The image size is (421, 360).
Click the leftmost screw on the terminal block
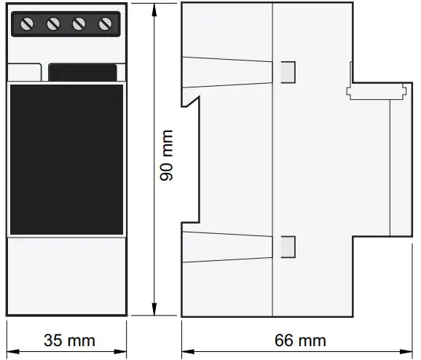tap(28, 24)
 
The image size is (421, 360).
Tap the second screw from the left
tap(53, 24)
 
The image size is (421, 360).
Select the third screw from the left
tap(79, 24)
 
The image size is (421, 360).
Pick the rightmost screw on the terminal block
tap(104, 24)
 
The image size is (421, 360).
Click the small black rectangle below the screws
tap(83, 73)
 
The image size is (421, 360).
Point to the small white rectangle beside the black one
tap(24, 73)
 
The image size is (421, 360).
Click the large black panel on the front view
tap(66, 159)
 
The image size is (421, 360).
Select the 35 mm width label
tap(69, 340)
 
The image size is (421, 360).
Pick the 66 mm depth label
tap(300, 340)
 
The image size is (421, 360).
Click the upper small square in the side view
tap(288, 71)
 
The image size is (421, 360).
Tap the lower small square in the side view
tap(288, 246)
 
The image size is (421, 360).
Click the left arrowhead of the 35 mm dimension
tap(10, 340)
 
